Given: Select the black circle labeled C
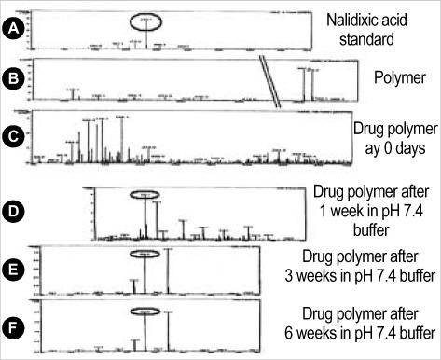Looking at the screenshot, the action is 13,136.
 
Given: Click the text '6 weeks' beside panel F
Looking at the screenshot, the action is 333,331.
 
